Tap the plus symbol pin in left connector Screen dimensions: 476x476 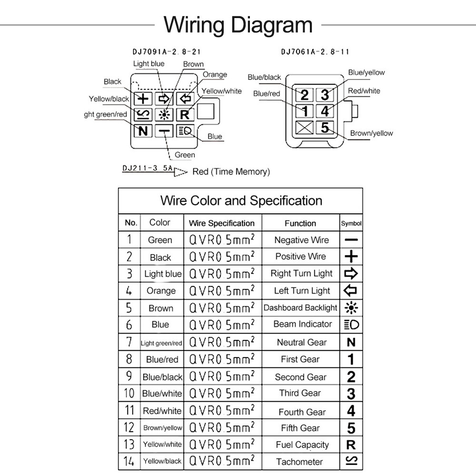point(143,99)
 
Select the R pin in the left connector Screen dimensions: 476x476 point(185,114)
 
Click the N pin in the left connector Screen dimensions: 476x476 point(143,130)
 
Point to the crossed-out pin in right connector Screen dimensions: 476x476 point(305,128)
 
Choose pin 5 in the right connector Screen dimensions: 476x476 point(325,128)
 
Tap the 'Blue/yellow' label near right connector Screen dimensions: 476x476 point(366,72)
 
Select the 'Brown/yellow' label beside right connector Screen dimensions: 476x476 point(371,133)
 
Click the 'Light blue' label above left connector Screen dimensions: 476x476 point(149,64)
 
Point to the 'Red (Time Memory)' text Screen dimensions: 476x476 point(231,171)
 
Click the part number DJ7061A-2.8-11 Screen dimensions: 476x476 point(315,51)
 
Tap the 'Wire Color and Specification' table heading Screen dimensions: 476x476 point(241,200)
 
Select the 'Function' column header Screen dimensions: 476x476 point(300,223)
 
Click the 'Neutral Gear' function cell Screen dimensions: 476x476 point(301,342)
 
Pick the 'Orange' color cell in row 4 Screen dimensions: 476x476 point(161,291)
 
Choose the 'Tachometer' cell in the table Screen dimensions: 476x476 point(299,462)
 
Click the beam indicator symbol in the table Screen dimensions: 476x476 point(351,325)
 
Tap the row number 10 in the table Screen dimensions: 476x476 point(129,393)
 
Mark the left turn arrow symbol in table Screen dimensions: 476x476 point(350,290)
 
